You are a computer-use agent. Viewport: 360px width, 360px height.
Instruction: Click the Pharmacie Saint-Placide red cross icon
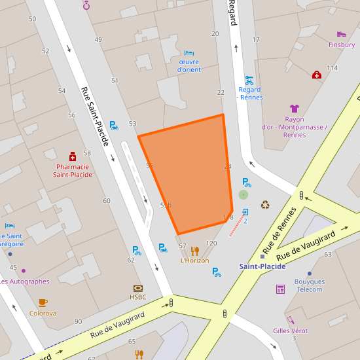73,156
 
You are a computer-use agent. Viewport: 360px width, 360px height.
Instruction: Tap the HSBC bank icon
137,288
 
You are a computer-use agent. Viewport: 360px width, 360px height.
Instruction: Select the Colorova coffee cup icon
43,302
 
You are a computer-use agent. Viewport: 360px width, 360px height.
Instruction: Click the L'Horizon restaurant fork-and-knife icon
194,251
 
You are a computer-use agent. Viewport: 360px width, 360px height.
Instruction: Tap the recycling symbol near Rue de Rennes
265,204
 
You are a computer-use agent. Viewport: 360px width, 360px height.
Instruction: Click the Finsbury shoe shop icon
341,34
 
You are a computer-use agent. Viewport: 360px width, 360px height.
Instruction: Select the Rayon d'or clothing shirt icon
295,108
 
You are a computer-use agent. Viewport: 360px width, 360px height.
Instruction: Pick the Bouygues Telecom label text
309,285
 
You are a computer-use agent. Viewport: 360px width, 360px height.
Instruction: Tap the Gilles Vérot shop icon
290,320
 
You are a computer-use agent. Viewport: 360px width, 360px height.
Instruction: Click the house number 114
332,68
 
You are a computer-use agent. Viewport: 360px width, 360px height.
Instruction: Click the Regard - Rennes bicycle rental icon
249,80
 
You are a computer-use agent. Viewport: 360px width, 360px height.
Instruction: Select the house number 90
79,321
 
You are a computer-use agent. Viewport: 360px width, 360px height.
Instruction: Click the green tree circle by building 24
243,194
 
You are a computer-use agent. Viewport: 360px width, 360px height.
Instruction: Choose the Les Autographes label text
24,281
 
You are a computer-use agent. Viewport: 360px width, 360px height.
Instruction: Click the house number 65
132,342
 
